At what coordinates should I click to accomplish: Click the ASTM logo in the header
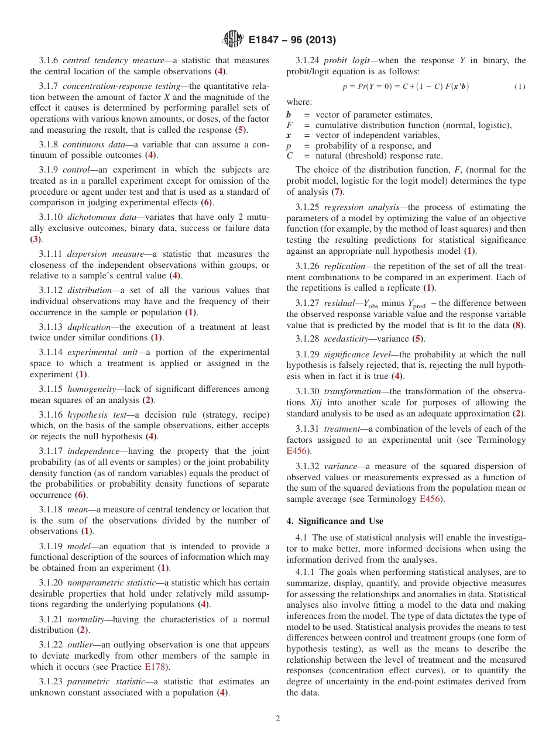pyautogui.click(x=233, y=40)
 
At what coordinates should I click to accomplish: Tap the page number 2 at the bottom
pyautogui.click(x=278, y=718)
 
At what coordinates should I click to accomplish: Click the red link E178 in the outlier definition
pyautogui.click(x=152, y=666)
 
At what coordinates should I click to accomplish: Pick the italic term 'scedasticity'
pyautogui.click(x=346, y=339)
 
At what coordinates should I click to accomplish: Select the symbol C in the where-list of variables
pyautogui.click(x=290, y=156)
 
